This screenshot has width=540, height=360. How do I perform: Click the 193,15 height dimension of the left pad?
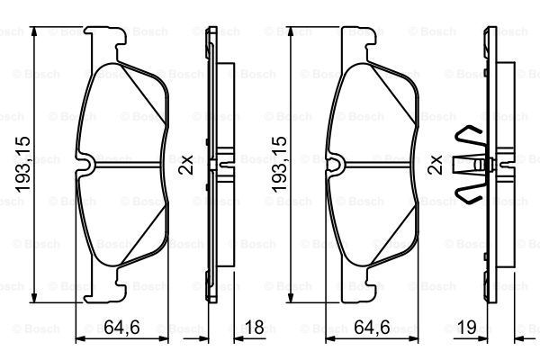coord(23,165)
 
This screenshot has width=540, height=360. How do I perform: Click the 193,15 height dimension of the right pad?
coord(279,165)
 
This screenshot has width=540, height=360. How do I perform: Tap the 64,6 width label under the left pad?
coord(121,327)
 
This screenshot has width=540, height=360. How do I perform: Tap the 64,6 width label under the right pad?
coord(372,327)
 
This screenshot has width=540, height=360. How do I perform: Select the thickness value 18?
coord(254,327)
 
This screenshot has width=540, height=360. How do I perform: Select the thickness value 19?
coord(466,327)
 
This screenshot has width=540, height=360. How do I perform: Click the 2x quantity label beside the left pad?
coord(186,165)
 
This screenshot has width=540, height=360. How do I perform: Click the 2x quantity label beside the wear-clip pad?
coord(435,165)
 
